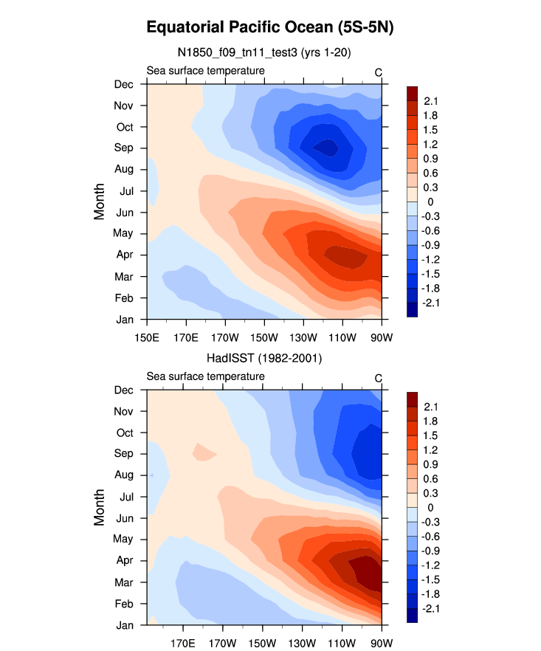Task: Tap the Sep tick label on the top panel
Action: [123, 148]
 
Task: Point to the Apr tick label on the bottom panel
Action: [123, 560]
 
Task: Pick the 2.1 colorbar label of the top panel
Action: [431, 101]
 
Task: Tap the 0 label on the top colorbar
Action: [427, 201]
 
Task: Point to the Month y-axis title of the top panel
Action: [99, 201]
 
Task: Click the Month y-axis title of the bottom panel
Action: [99, 508]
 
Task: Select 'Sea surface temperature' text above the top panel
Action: [205, 71]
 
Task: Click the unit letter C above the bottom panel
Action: [378, 379]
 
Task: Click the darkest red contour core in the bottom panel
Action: [366, 571]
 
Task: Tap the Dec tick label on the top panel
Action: [123, 83]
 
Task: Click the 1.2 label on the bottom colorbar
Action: [431, 450]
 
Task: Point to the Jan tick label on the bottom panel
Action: [123, 624]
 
